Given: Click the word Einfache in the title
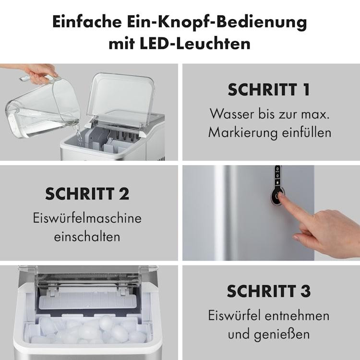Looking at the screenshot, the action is pyautogui.click(x=87, y=22).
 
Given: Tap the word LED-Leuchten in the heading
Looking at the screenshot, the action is pyautogui.click(x=195, y=43).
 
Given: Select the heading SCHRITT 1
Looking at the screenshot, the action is pyautogui.click(x=269, y=90).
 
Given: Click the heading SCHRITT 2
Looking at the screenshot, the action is pyautogui.click(x=87, y=194).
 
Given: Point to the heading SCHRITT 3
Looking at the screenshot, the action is pyautogui.click(x=269, y=291).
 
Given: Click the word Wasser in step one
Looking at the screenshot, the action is pyautogui.click(x=232, y=114).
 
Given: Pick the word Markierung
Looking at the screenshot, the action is pyautogui.click(x=243, y=132).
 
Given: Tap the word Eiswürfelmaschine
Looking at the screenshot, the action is pyautogui.click(x=87, y=217).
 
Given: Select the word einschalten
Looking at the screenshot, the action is pyautogui.click(x=87, y=237).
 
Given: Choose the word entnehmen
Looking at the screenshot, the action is pyautogui.click(x=297, y=315).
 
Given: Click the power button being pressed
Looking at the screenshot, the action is pyautogui.click(x=277, y=196).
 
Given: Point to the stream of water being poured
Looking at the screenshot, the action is pyautogui.click(x=79, y=135).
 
